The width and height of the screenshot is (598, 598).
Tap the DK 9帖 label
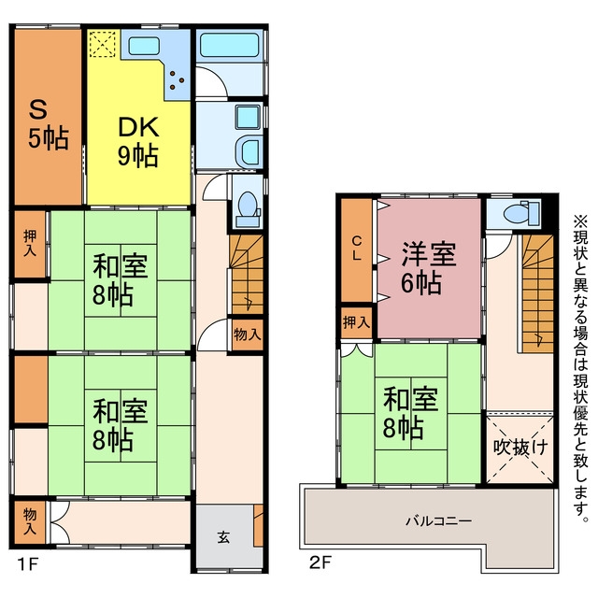(138, 142)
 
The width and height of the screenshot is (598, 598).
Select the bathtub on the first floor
(230, 45)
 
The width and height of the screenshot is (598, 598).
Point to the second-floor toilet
(521, 212)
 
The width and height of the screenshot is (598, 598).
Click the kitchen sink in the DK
(143, 46)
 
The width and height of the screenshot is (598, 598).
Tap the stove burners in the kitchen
(177, 80)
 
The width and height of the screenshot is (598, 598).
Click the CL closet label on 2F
(357, 249)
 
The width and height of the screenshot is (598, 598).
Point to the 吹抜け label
(520, 447)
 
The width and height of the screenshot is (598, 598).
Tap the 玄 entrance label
(224, 537)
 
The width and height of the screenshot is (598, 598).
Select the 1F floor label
(28, 563)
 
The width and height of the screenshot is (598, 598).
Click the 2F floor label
(320, 562)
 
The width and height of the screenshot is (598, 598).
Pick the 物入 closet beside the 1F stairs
(248, 335)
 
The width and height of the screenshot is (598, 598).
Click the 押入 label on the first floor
(30, 243)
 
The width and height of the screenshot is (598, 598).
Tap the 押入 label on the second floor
(357, 322)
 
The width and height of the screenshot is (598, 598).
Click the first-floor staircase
(247, 274)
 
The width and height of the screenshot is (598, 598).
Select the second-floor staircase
(537, 293)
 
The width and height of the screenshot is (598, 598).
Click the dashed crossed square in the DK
(103, 44)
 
